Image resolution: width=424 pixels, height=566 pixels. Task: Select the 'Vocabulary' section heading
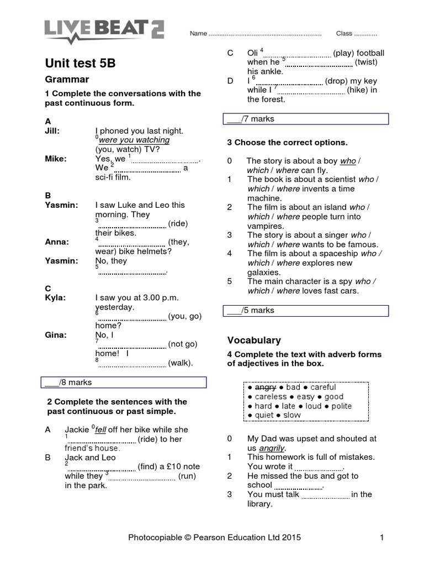(x=254, y=340)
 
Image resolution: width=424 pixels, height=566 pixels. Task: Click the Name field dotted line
(x=265, y=34)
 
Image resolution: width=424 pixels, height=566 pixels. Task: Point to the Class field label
(x=344, y=34)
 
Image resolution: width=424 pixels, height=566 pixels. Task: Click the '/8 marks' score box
(x=124, y=382)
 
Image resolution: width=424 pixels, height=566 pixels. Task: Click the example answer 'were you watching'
(x=134, y=140)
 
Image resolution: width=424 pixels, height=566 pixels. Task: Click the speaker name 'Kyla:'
(x=55, y=297)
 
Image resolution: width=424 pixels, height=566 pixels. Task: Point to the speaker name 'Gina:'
(x=55, y=334)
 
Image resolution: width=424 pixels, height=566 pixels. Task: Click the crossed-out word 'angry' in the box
(x=265, y=387)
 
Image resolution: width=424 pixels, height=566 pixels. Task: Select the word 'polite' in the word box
(x=341, y=406)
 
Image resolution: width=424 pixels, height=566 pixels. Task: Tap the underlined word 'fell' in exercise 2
(x=100, y=429)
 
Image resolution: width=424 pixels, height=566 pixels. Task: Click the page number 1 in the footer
(x=381, y=537)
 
